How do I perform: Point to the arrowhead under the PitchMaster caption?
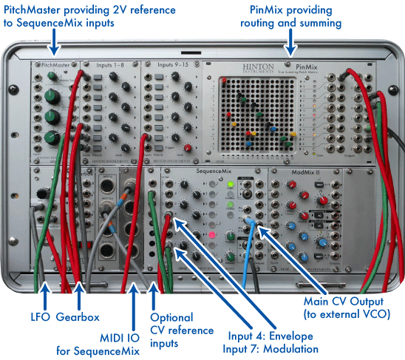pos(53,50)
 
